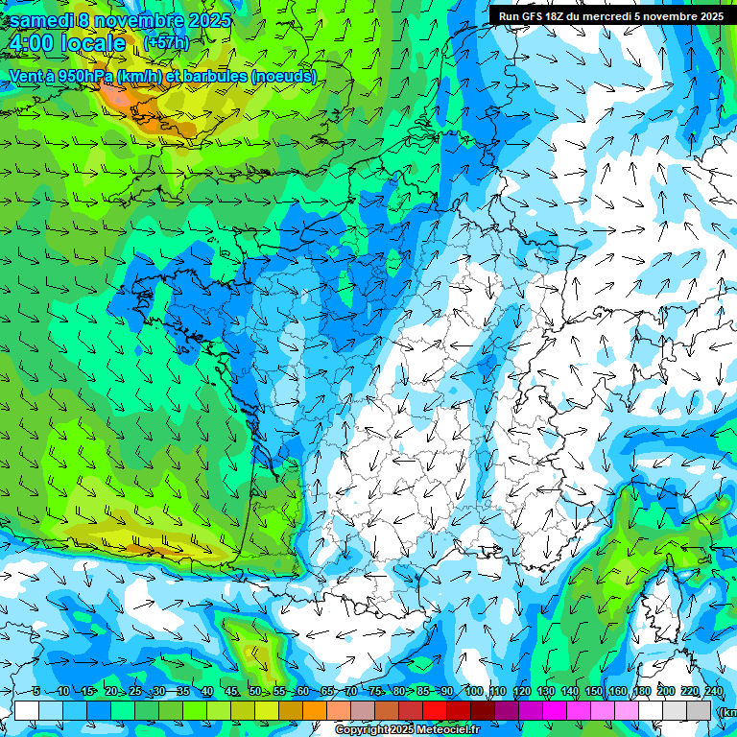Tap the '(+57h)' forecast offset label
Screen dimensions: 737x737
[166, 42]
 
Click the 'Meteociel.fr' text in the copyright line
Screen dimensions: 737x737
[448, 730]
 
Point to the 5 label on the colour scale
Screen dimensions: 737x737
[36, 692]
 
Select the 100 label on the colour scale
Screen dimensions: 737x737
[473, 692]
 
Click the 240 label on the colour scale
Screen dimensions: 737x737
[714, 692]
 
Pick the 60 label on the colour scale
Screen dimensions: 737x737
[302, 692]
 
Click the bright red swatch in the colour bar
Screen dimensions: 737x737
[435, 710]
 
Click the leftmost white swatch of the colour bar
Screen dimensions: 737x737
[27, 710]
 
